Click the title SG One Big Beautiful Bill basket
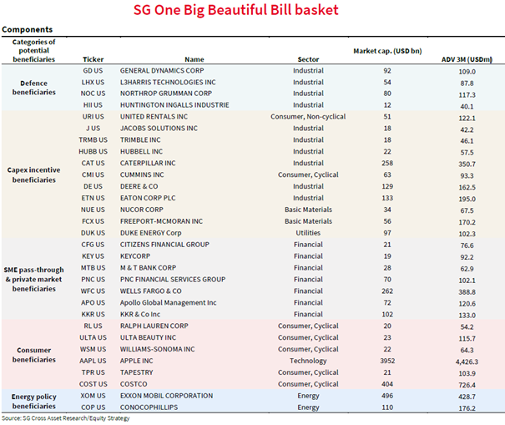tap(253, 12)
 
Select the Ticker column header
tap(94, 59)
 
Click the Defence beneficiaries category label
tap(34, 88)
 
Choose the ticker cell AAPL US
tap(94, 361)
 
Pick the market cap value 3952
tap(386, 361)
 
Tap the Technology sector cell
tap(307, 361)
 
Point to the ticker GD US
tap(94, 71)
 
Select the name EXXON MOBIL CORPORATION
tap(167, 397)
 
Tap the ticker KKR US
tap(94, 314)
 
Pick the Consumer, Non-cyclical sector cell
tap(307, 117)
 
